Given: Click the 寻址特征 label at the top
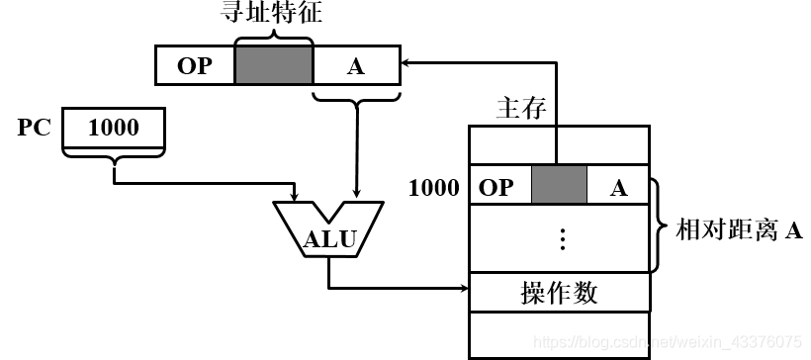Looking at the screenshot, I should pos(273,16).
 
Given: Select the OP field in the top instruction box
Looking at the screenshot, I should pos(195,65).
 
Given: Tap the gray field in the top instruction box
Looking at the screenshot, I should pos(274,65).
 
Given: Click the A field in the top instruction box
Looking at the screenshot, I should pos(355,65).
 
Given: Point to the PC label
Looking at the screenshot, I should pos(34,129).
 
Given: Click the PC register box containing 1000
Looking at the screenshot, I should pos(114,129).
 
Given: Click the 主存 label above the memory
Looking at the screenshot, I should pos(520,108).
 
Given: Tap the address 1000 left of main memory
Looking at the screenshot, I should pos(433,187).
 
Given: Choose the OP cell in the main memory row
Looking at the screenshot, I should pos(499,187).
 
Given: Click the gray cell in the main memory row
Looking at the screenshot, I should pos(559,187).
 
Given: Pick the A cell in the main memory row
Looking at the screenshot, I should pos(618,187).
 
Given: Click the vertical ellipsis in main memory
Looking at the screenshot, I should pos(561,238).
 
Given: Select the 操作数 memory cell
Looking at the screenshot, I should pos(560,292).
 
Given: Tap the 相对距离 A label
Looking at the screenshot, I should pos(738,231).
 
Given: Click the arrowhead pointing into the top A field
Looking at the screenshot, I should pos(406,64).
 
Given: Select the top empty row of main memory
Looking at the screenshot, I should pos(560,145).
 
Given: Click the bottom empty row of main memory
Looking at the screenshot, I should pos(560,333).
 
